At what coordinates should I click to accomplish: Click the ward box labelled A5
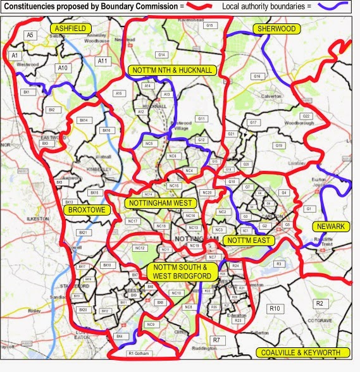[x=29, y=36]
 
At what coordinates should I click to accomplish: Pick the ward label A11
[x=102, y=61]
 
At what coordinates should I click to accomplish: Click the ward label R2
[x=320, y=304]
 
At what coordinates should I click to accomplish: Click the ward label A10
[x=62, y=68]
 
